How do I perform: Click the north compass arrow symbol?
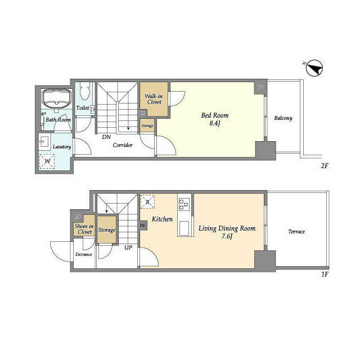315,68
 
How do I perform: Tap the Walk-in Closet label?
154,99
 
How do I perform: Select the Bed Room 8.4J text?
215,119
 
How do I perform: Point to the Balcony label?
283,118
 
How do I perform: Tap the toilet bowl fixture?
84,89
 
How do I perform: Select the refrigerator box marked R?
147,202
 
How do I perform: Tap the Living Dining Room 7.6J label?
227,232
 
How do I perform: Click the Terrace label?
296,231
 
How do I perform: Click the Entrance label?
84,254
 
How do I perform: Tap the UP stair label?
128,247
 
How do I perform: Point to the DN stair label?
106,137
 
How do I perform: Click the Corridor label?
123,145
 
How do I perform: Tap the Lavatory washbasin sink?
44,141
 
